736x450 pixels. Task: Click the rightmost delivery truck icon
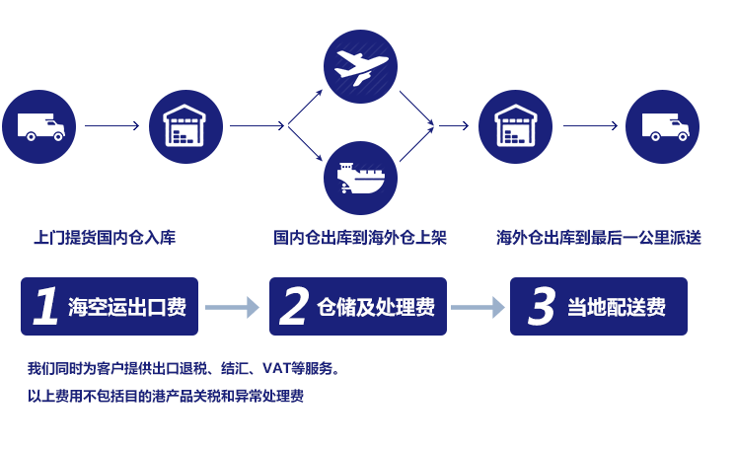(x=664, y=125)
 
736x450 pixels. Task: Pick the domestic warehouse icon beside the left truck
(x=184, y=125)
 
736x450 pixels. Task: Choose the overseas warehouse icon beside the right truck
(x=515, y=125)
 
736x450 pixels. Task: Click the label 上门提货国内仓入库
(x=105, y=237)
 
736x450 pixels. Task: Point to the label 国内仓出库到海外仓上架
(x=361, y=237)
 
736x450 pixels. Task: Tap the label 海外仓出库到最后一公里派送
(x=599, y=237)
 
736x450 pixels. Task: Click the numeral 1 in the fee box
(x=44, y=307)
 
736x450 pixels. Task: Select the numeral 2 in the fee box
(x=293, y=307)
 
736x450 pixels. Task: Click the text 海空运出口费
(x=127, y=307)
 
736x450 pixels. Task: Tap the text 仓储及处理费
(x=376, y=307)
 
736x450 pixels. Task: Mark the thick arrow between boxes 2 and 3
(x=477, y=308)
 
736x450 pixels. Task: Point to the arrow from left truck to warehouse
(x=111, y=126)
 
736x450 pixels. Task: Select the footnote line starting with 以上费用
(x=166, y=397)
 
